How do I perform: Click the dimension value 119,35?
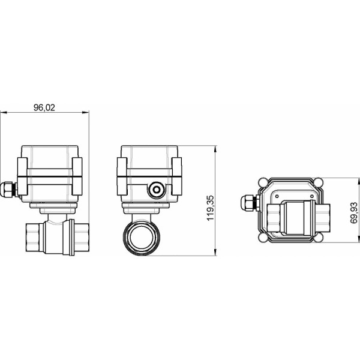210,208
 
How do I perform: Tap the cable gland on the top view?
248,205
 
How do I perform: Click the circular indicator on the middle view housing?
157,190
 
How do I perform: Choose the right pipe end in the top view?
325,218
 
